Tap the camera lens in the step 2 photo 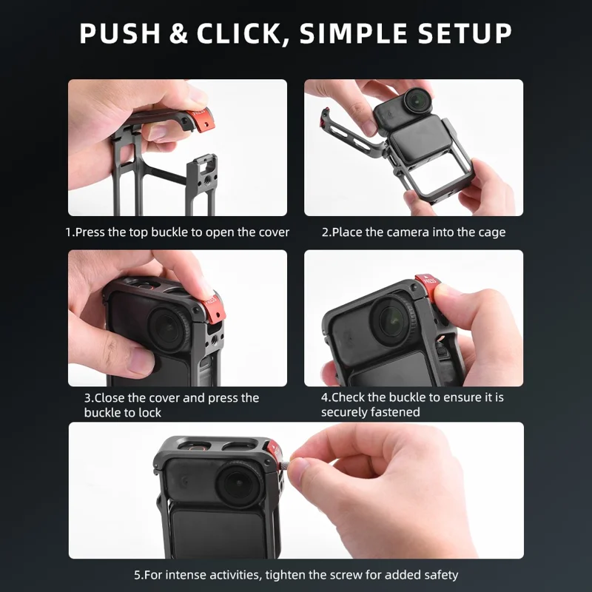click(x=417, y=100)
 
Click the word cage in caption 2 click(x=489, y=232)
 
